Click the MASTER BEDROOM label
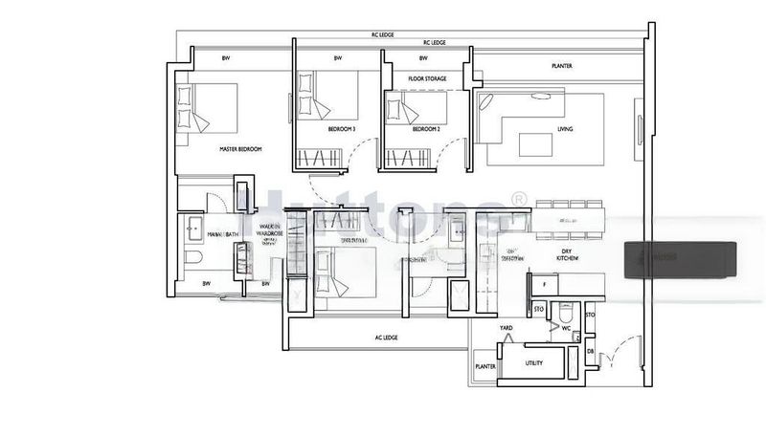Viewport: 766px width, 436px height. [240, 150]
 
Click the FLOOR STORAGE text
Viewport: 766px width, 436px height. [429, 78]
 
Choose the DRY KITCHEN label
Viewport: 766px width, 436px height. [573, 255]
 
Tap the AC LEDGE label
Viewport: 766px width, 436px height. [386, 337]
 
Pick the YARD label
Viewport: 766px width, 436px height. [507, 329]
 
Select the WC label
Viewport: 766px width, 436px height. [567, 328]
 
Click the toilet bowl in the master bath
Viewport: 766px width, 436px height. [193, 259]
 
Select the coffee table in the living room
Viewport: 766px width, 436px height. [536, 143]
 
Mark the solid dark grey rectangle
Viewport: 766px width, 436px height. [681, 259]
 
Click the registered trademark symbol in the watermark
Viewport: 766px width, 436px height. [519, 199]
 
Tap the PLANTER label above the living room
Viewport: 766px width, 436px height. [562, 67]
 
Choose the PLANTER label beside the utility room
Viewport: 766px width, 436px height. [485, 365]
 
